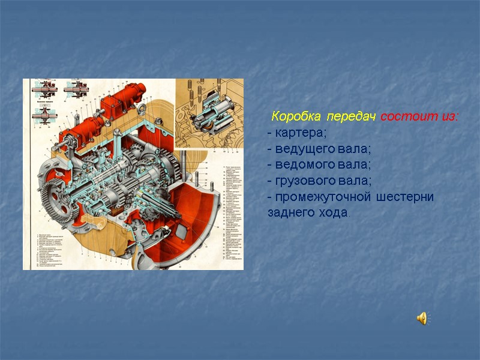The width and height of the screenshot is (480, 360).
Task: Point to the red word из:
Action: (448, 115)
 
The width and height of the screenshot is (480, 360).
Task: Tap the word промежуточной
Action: (317, 197)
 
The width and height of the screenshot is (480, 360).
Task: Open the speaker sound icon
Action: (422, 318)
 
